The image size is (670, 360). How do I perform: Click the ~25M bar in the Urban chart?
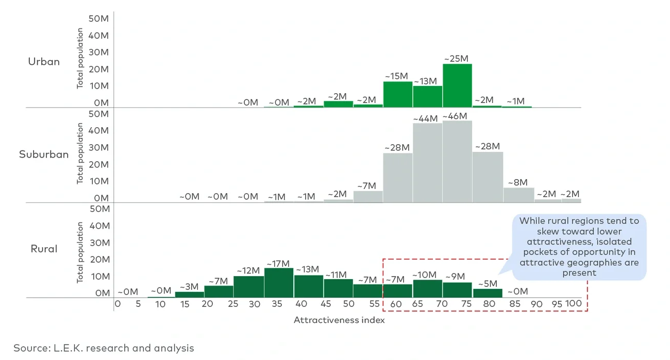coord(457,85)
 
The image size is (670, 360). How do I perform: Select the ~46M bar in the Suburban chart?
coord(457,161)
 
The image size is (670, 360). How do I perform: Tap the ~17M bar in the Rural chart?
coord(279,282)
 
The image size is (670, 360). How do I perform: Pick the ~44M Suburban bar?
coord(428,163)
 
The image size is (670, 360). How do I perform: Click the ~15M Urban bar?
coord(398,94)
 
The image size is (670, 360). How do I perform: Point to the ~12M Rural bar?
coord(248,286)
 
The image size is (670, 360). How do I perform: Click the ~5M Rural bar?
coord(487,293)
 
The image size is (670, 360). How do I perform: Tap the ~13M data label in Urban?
coord(426,81)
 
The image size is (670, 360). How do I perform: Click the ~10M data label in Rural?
coord(426,275)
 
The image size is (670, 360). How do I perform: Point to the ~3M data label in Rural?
coord(190,286)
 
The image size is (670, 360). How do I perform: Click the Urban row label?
coord(44,62)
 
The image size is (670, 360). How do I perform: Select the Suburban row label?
coord(44,155)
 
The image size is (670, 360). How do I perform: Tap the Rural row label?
coord(44,249)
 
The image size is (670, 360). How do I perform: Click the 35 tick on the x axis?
coord(277,304)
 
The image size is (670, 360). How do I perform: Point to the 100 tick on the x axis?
coord(573,304)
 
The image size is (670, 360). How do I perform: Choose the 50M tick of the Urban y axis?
coord(98,19)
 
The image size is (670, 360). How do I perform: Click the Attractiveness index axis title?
coord(339,320)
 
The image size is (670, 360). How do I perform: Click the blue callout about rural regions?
coord(579,247)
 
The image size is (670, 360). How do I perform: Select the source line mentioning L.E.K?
coord(104,348)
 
